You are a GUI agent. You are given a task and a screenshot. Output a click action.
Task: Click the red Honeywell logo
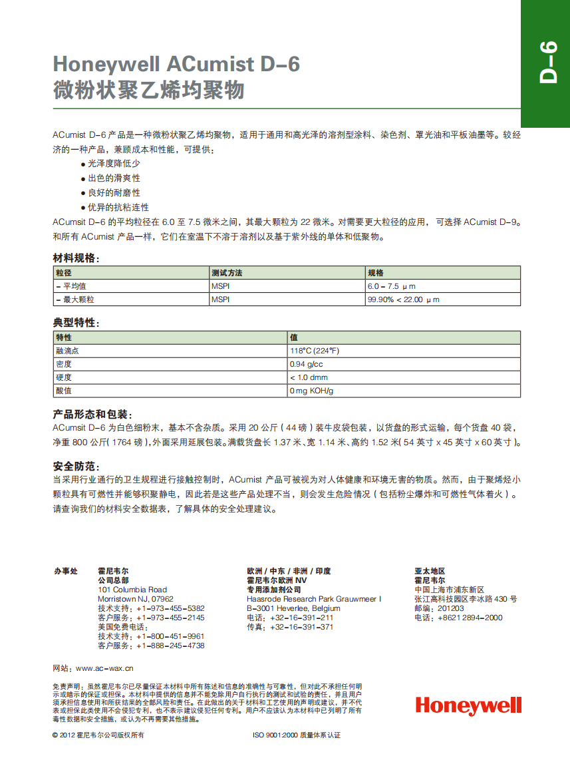pos(468,706)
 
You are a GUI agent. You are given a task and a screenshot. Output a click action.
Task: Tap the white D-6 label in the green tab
pos(547,63)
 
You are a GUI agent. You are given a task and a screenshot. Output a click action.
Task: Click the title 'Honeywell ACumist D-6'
pos(176,64)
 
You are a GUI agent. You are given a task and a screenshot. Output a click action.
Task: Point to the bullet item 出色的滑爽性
pos(114,178)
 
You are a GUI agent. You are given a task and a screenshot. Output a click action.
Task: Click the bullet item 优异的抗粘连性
pos(118,208)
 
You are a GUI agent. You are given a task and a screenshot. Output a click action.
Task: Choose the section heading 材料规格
pos(76,258)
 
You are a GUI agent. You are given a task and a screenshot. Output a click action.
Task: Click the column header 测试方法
pos(227,273)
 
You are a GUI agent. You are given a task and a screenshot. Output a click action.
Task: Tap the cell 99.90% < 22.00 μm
pos(404,300)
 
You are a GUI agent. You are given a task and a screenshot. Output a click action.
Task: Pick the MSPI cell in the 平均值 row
pos(220,286)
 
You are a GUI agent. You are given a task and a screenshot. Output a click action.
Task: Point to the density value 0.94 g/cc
pos(306,365)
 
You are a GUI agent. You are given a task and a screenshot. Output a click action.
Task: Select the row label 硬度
pos(64,378)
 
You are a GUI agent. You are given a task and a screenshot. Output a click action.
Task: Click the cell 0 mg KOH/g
pos(311,391)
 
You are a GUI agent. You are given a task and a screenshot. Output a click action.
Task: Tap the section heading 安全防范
pos(76,466)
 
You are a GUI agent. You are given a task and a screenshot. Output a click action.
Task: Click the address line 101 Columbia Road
pos(132,590)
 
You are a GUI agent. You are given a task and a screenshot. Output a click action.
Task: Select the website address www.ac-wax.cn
pos(104,668)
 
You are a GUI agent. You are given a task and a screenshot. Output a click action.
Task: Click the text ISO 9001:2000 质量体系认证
pos(297,735)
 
